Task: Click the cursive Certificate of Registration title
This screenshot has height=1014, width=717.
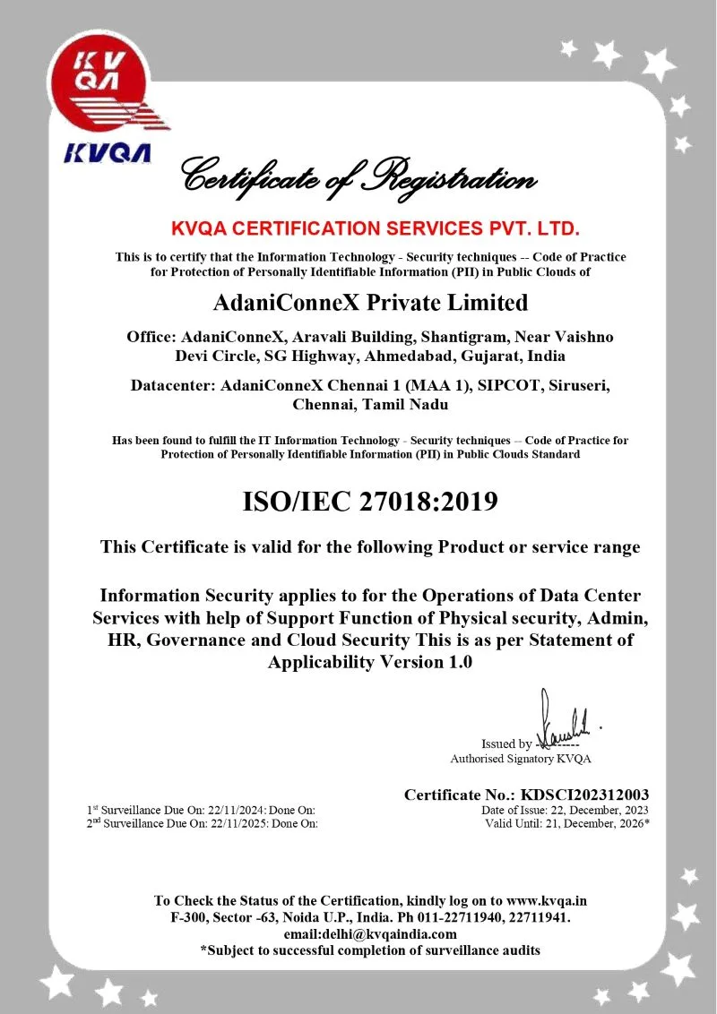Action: coord(358,174)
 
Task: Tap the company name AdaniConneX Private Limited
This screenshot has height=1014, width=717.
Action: coord(370,302)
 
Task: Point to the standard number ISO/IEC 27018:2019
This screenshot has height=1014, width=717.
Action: coord(370,502)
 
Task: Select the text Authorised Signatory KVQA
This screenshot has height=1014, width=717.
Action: coord(521,759)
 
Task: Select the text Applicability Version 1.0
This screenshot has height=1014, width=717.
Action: coord(370,662)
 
